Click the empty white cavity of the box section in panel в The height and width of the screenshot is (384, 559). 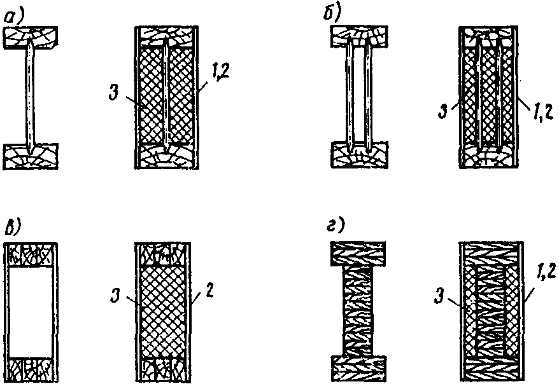(x=31, y=312)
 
